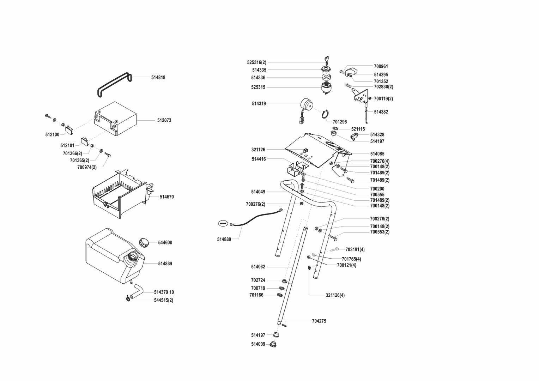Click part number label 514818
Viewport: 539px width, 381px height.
pyautogui.click(x=158, y=78)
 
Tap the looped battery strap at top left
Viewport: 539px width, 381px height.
pyautogui.click(x=114, y=84)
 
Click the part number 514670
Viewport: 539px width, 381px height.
pyautogui.click(x=166, y=197)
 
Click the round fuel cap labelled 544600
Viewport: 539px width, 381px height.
pyautogui.click(x=144, y=243)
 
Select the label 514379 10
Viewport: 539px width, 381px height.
pyautogui.click(x=164, y=292)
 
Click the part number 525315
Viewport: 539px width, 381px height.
pyautogui.click(x=258, y=87)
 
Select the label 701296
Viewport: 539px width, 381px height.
pyautogui.click(x=340, y=122)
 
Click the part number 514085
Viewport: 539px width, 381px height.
pyautogui.click(x=377, y=154)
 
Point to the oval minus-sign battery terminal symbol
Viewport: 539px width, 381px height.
pyautogui.click(x=223, y=223)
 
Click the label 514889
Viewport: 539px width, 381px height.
pyautogui.click(x=224, y=240)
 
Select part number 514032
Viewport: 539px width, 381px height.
pyautogui.click(x=258, y=267)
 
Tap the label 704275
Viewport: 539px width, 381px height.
pyautogui.click(x=319, y=321)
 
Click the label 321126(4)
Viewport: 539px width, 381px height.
pyautogui.click(x=335, y=295)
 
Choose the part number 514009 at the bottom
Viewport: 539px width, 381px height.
pyautogui.click(x=258, y=344)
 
